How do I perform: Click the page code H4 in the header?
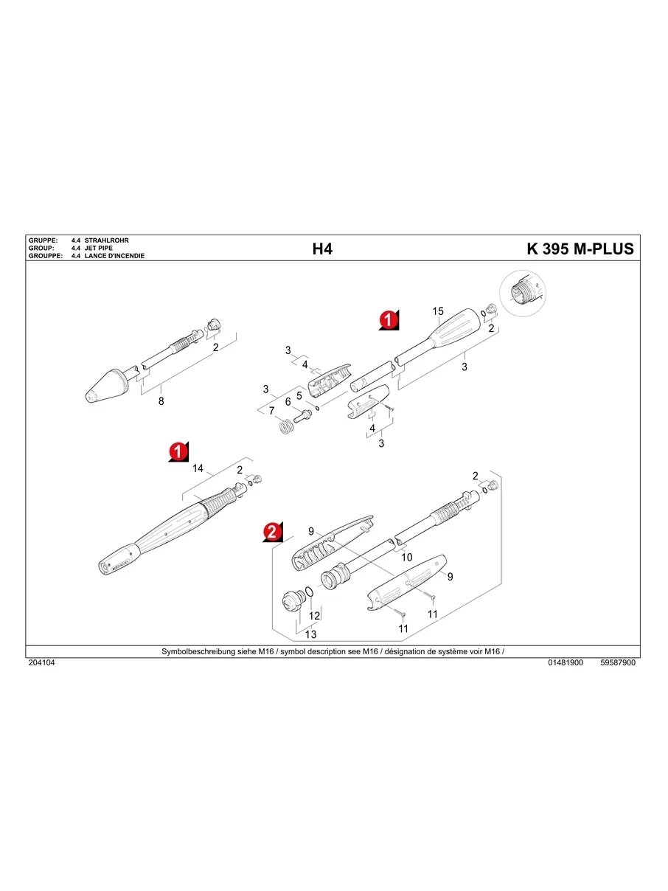[322, 249]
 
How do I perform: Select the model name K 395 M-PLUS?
[580, 249]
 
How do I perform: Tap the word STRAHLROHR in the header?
[107, 241]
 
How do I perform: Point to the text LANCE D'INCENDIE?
[114, 256]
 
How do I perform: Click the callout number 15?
[437, 311]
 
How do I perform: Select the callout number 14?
[198, 468]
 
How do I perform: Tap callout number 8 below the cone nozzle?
[161, 401]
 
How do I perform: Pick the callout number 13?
[310, 634]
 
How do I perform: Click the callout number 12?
[314, 615]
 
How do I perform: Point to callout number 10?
[407, 558]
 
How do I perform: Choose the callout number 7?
[271, 411]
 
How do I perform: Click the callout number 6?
[288, 403]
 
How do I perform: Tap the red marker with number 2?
[272, 533]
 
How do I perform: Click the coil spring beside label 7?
[283, 426]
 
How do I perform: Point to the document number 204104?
[41, 663]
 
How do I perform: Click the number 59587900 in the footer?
[618, 663]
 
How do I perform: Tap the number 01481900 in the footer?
[566, 663]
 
